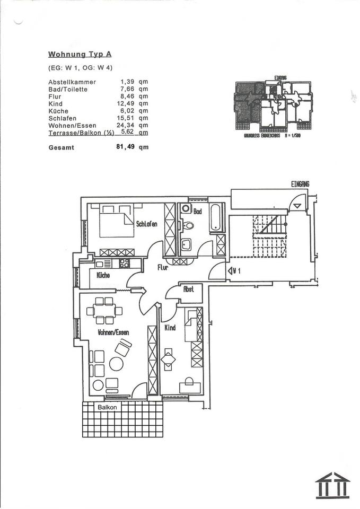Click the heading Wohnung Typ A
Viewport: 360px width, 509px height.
click(80, 54)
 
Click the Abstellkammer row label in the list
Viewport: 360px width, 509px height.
click(72, 82)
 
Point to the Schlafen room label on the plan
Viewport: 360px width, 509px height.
click(146, 224)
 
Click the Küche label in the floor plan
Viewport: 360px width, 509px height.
click(103, 276)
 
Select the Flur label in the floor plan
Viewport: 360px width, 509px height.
click(162, 268)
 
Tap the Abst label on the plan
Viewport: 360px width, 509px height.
click(188, 289)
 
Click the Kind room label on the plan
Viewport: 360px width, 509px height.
click(170, 328)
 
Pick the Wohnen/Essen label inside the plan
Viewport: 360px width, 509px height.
click(113, 332)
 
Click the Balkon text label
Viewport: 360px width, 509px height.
click(107, 407)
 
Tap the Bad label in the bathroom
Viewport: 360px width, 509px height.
click(197, 212)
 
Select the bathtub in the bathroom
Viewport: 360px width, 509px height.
click(216, 217)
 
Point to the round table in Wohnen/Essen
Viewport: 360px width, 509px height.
click(116, 364)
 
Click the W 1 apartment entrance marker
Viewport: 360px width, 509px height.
click(235, 271)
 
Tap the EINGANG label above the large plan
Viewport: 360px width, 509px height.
click(300, 184)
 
